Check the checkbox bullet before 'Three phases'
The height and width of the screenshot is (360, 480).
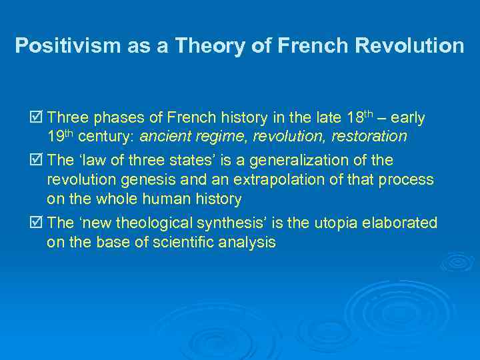[37, 118]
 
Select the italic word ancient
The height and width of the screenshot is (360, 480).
[165, 137]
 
